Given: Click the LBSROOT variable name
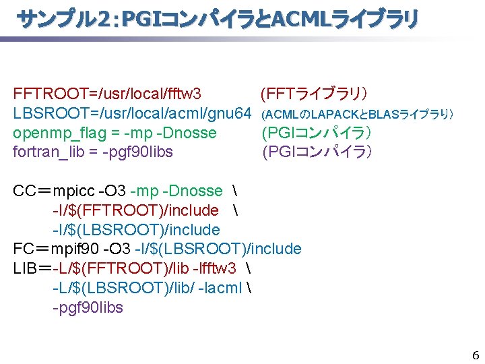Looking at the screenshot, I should [43, 113].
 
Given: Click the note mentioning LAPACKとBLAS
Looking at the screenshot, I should [357, 113].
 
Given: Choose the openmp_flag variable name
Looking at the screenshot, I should [51, 132].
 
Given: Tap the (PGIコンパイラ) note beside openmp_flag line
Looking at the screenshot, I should [317, 132].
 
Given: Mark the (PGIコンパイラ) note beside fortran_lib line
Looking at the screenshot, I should [317, 152].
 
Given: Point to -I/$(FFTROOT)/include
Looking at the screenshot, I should [135, 210].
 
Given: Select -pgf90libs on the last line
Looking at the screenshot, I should [88, 307].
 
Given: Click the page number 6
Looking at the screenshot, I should [475, 355].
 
